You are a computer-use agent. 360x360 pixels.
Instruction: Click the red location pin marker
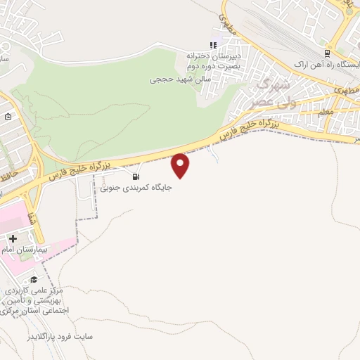(181, 165)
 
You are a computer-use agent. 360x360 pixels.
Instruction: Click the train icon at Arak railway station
(328, 53)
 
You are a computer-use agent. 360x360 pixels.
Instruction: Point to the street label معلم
(326, 112)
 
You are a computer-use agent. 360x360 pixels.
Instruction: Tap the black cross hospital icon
(13, 238)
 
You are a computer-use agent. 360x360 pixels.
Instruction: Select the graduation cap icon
(33, 279)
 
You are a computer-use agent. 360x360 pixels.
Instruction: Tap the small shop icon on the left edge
(8, 117)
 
